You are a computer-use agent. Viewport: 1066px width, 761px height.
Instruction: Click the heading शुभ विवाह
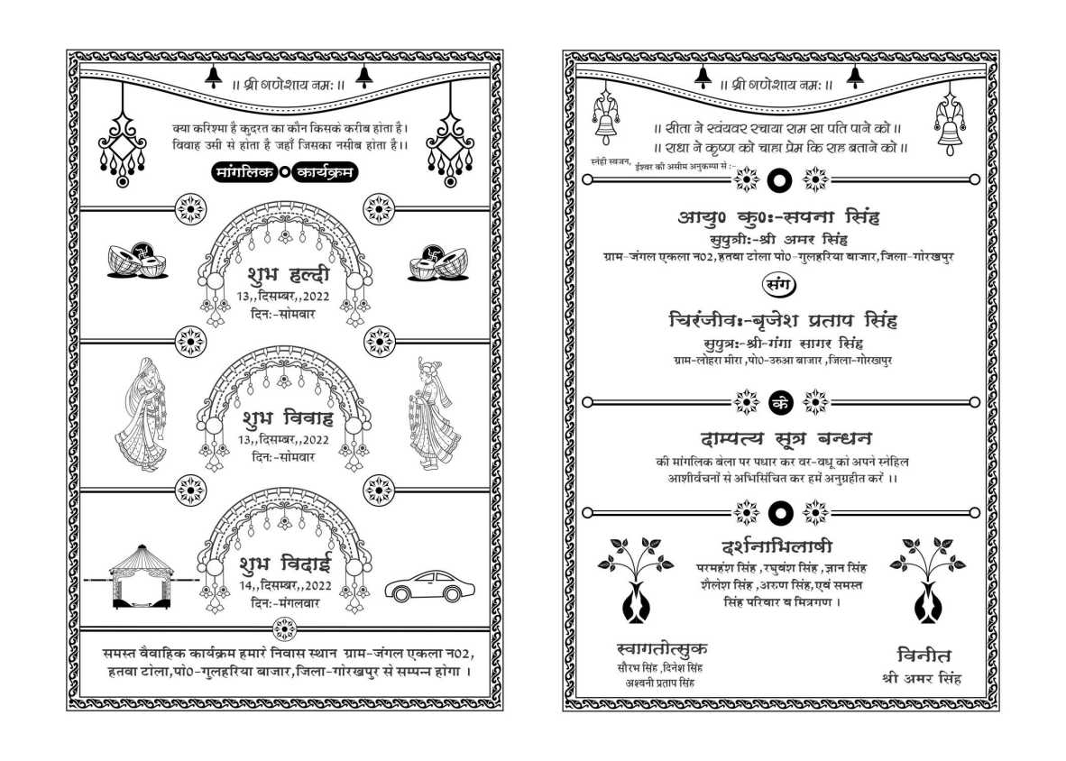coord(287,418)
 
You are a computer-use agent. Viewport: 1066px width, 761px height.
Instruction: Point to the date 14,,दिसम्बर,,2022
coord(284,585)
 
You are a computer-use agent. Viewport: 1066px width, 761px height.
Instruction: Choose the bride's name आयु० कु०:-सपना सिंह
coord(778,217)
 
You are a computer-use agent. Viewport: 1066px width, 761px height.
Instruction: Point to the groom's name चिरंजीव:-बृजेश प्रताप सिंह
coord(783,321)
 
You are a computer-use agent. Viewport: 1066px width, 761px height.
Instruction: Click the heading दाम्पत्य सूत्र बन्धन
coord(786,439)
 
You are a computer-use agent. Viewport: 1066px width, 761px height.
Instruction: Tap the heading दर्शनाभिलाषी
coord(777,546)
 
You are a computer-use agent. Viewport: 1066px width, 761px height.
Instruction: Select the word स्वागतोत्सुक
coord(662,648)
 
